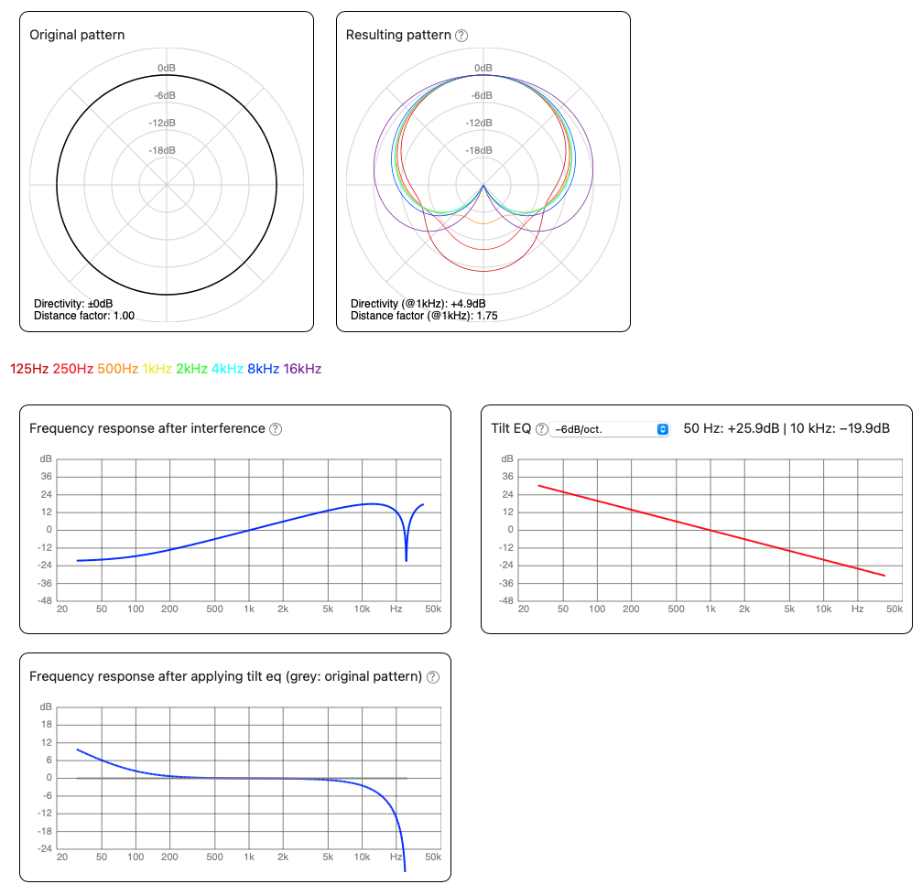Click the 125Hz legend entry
[x=29, y=369]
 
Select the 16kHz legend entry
[x=302, y=369]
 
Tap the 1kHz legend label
[x=157, y=369]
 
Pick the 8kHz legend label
[x=264, y=369]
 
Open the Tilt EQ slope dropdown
[x=611, y=429]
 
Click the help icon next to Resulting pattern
[x=461, y=36]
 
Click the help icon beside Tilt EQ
[x=542, y=429]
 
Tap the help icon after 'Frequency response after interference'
[x=276, y=429]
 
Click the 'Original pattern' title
[x=77, y=35]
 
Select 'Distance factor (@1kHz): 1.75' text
[x=424, y=316]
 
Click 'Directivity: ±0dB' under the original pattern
[x=73, y=304]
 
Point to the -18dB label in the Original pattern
[x=167, y=151]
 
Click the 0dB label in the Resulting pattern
[x=483, y=69]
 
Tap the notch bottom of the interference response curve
[x=407, y=559]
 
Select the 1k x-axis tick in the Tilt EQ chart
[x=710, y=609]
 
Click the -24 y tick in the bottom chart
[x=44, y=849]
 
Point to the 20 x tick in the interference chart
[x=61, y=609]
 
